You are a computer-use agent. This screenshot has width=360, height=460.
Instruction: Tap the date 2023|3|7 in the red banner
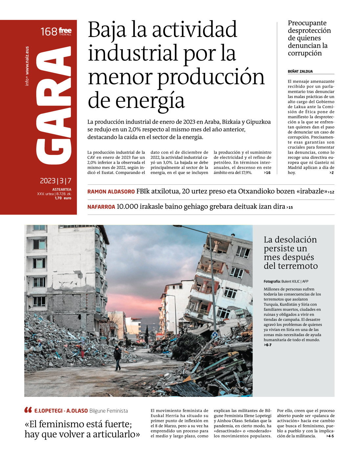(56, 181)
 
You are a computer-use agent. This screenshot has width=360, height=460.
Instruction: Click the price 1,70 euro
(63, 198)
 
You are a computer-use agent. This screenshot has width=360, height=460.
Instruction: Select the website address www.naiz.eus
(27, 61)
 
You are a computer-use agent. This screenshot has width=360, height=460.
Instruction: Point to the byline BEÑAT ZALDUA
(300, 71)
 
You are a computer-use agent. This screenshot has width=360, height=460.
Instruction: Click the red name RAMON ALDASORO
(111, 192)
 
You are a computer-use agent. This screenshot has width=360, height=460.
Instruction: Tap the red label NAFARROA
(101, 207)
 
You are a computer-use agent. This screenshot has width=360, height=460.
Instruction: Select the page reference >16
(267, 173)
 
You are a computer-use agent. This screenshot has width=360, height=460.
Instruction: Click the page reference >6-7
(268, 345)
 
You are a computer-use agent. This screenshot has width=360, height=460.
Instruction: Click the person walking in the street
(117, 358)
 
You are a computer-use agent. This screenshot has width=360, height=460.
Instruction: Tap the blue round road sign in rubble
(214, 335)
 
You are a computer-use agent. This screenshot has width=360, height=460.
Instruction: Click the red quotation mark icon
(28, 410)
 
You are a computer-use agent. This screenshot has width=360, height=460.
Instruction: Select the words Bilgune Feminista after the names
(108, 411)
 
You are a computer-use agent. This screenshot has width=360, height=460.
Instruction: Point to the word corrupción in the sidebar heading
(305, 53)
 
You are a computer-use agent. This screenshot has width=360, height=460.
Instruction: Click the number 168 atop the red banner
(49, 32)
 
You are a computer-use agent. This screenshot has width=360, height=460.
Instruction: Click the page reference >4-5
(330, 436)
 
